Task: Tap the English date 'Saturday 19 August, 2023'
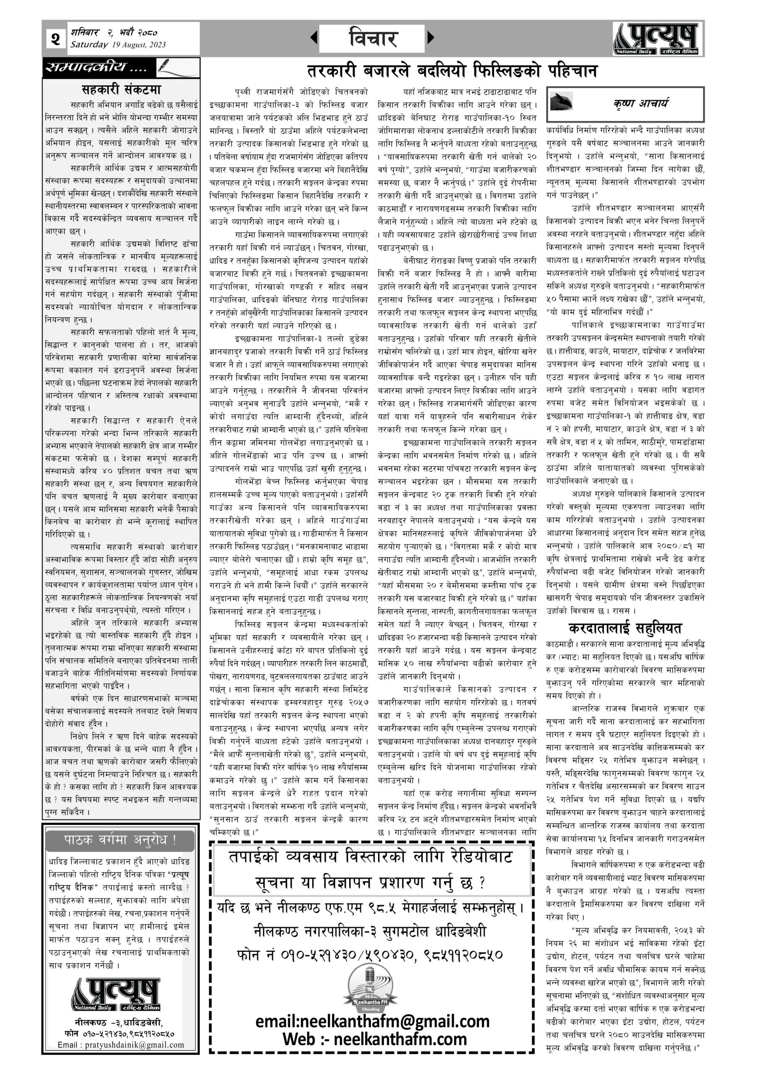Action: [x=118, y=45]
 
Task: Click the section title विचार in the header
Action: [x=372, y=38]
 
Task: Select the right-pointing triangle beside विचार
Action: [x=430, y=37]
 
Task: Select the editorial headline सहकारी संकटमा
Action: [x=121, y=89]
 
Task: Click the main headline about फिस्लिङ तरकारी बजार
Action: [x=452, y=71]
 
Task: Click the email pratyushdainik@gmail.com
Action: [x=121, y=1045]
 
